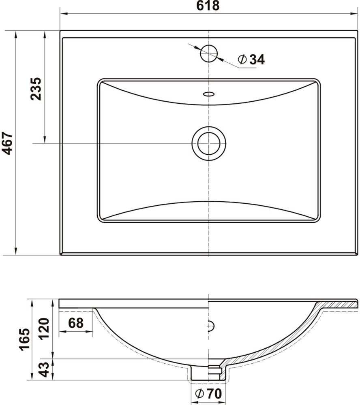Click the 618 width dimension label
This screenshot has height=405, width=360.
[x=208, y=6]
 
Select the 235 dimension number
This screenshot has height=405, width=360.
[x=36, y=89]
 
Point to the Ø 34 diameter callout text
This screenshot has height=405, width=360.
[x=251, y=60]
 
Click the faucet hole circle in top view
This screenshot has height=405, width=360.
[x=209, y=53]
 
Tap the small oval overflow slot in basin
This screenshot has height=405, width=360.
[x=209, y=94]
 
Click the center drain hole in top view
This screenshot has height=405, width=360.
[x=209, y=143]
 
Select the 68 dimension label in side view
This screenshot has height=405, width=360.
[x=76, y=323]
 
